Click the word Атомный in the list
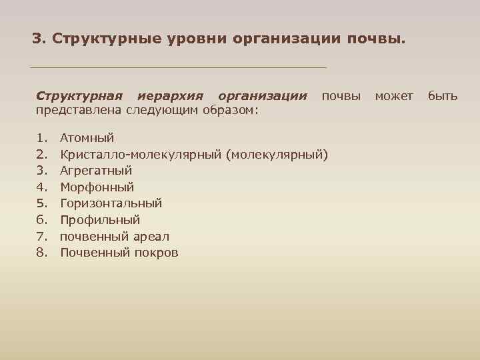[x=87, y=138]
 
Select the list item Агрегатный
[x=96, y=171]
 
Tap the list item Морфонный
[x=97, y=187]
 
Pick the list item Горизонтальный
[x=111, y=203]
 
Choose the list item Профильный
[x=100, y=220]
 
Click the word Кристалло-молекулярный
[x=141, y=155]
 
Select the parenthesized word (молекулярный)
[x=277, y=155]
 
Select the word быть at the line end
[x=443, y=96]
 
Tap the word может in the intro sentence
[x=394, y=96]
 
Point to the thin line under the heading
[x=179, y=67]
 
